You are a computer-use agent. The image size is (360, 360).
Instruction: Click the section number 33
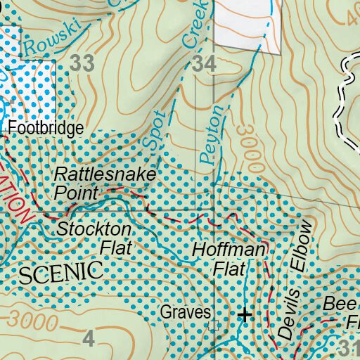[x=82, y=64]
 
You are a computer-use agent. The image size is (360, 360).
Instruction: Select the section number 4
[x=88, y=339]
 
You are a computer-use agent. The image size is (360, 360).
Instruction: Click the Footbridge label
[x=46, y=129]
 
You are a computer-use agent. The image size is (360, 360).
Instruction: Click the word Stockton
[x=94, y=229]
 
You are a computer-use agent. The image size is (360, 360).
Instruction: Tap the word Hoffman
[x=230, y=251]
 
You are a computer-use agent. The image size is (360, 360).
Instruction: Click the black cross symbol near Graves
[x=244, y=315]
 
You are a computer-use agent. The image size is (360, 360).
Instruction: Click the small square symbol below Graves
[x=214, y=325]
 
